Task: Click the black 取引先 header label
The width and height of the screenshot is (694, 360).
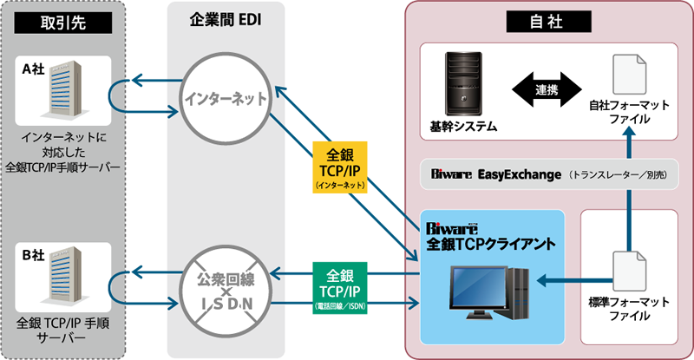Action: (62, 23)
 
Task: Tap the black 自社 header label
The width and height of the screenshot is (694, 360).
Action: (548, 22)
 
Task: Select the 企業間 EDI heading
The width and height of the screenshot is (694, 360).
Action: (226, 20)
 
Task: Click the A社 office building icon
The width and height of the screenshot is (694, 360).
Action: (64, 89)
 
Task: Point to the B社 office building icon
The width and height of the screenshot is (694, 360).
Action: (64, 276)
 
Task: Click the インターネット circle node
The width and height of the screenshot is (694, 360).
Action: (226, 99)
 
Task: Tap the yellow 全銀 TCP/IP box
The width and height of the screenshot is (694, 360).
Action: (340, 167)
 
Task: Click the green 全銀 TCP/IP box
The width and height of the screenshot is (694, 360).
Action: (340, 288)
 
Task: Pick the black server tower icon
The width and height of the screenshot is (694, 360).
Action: (463, 84)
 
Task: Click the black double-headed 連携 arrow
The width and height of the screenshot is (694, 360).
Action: (547, 89)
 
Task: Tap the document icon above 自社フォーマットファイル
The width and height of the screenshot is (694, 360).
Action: (629, 75)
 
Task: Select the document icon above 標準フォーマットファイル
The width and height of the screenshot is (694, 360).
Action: (629, 271)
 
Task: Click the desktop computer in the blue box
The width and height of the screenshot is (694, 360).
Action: (489, 292)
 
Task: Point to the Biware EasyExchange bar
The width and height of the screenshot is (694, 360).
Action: (549, 174)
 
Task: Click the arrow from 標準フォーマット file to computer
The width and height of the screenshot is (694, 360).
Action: (575, 280)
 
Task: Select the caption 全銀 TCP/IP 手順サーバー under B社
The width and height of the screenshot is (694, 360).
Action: (62, 331)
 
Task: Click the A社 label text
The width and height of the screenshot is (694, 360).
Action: (34, 69)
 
